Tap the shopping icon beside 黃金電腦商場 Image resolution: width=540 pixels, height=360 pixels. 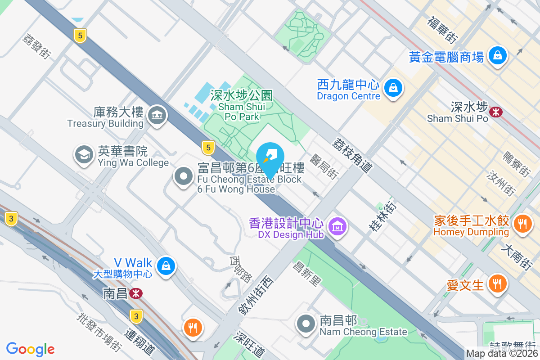coord(498,56)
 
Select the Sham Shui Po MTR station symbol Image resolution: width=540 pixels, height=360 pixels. coord(496,112)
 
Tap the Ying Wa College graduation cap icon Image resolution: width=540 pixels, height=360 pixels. coord(84,155)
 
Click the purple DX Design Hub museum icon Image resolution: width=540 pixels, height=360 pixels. coord(337,226)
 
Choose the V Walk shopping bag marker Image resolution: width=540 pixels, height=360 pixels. coord(166,266)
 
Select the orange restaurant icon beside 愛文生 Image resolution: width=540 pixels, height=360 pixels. coord(497,284)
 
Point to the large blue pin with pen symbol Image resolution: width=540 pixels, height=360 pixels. coord(270,157)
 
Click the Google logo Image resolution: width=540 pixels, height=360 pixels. coord(31,349)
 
